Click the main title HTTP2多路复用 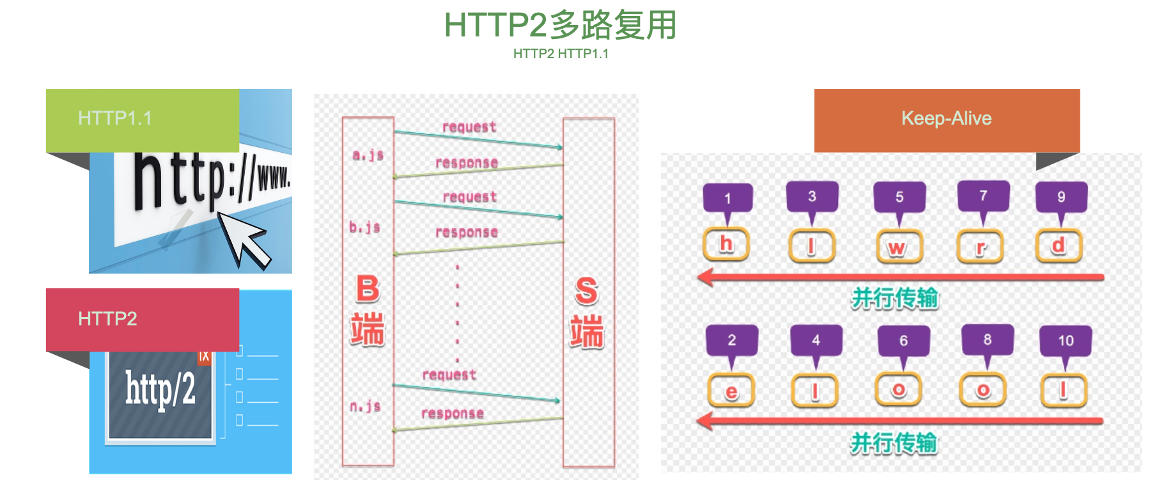click(560, 26)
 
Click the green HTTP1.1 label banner click(142, 120)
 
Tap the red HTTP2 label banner click(142, 319)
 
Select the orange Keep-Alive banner click(946, 119)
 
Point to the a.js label click(368, 155)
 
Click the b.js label click(364, 227)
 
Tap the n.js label click(365, 406)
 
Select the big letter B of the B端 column click(368, 289)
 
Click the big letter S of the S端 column click(586, 291)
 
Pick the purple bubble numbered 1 click(728, 198)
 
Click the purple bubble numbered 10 click(1065, 341)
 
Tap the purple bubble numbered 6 click(903, 341)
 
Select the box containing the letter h click(726, 244)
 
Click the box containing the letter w click(898, 247)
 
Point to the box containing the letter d click(1059, 245)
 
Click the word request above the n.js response click(449, 375)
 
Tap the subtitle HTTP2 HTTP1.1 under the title click(561, 54)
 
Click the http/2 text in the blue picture click(160, 389)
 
